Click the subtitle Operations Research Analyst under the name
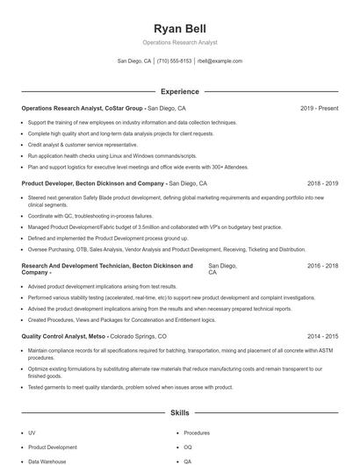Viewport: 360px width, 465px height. click(179, 42)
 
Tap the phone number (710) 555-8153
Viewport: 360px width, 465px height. click(175, 61)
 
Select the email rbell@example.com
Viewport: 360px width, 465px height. click(220, 61)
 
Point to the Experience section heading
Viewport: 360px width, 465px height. click(179, 91)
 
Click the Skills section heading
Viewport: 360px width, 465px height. click(179, 411)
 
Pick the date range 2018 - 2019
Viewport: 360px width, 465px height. click(322, 184)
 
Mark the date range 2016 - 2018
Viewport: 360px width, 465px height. click(322, 265)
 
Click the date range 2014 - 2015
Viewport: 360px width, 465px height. click(322, 336)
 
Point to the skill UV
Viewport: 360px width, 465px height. click(32, 433)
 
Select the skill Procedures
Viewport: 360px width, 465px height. click(196, 433)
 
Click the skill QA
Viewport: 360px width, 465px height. click(187, 461)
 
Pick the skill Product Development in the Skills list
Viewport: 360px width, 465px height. click(52, 447)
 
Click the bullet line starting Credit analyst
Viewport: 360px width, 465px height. click(82, 144)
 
